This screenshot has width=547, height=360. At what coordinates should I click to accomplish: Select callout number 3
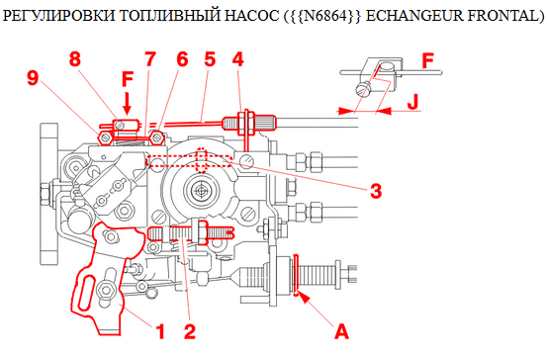[x=375, y=190]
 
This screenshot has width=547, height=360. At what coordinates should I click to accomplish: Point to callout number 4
[x=237, y=59]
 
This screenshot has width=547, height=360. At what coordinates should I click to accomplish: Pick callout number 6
[x=181, y=59]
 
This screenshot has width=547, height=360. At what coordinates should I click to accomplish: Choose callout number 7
[x=150, y=59]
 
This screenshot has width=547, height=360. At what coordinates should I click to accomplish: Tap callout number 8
[x=74, y=59]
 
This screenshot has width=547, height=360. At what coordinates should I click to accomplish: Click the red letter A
[x=341, y=330]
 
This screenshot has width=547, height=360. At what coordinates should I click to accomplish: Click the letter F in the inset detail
[x=427, y=60]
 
